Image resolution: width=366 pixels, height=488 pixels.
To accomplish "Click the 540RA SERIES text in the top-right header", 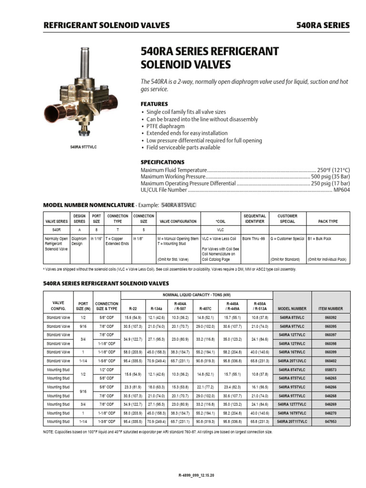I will (323, 25).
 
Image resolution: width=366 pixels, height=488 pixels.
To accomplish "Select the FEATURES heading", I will (154, 103).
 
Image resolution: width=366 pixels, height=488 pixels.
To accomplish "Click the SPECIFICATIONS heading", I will (163, 162).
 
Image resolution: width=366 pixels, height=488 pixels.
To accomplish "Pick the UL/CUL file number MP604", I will (341, 190).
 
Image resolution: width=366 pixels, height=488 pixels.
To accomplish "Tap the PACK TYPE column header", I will (328, 222).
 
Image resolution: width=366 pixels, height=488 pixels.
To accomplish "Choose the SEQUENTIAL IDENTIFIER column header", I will (254, 219).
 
